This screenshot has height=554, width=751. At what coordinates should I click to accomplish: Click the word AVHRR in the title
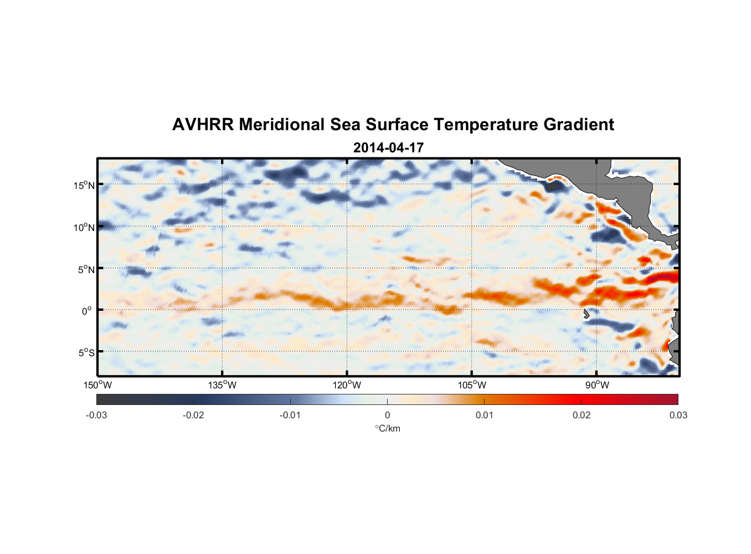coord(203,125)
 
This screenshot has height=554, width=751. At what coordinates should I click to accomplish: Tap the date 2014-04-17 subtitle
coord(388,148)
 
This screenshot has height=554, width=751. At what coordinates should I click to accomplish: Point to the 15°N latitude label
coord(84,185)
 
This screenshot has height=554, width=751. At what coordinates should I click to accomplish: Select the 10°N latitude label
coord(84,227)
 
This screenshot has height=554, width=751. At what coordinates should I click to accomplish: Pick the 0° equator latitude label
coord(87,311)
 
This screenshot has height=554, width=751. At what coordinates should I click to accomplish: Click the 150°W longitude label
coord(97,385)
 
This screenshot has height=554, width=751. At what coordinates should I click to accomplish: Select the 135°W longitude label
coord(222,385)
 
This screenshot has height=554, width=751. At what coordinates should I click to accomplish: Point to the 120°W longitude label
coord(347,385)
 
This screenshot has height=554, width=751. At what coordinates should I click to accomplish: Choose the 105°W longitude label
coord(472,385)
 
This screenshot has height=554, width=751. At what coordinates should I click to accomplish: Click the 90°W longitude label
coord(596,385)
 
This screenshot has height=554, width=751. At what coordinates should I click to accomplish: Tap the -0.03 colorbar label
coord(96,415)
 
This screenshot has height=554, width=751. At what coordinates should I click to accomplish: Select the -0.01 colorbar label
coord(290,415)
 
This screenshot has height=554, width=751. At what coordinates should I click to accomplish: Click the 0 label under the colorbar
coord(387,415)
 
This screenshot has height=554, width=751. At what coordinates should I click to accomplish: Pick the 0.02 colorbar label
coord(582,415)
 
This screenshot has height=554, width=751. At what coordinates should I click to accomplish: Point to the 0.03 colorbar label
coord(678,415)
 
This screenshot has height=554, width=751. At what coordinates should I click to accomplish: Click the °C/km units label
coord(388,428)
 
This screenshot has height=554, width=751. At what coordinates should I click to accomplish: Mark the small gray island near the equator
coord(586,314)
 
